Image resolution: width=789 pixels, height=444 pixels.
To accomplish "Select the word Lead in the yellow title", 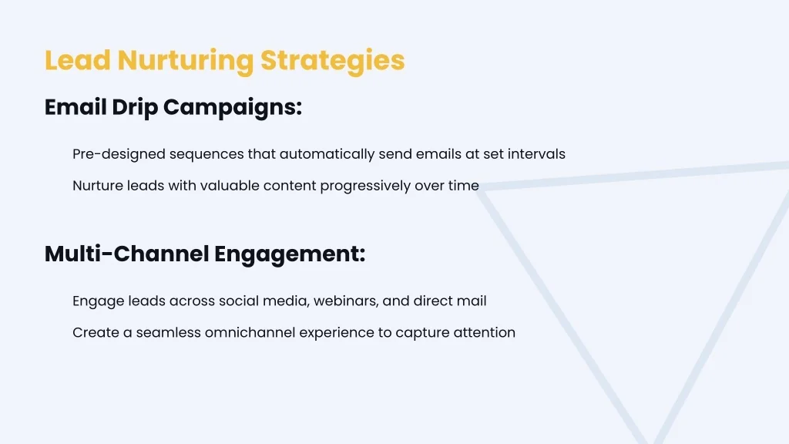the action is pos(78,60).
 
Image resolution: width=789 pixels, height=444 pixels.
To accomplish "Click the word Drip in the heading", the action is pos(135,108).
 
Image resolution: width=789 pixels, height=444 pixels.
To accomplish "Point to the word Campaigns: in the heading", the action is pos(233,108).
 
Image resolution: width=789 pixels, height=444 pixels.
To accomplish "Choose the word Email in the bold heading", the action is pos(76,106).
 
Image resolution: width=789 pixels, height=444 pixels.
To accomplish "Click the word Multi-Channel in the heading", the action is pos(127,254).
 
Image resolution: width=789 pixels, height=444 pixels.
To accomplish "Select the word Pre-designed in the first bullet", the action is pos(119,154).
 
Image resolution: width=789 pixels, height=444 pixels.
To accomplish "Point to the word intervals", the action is pos(536,154).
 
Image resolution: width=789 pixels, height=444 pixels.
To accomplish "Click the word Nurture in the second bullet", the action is pos(98,186).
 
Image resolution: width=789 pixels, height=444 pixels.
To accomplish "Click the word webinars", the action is pos(346,301).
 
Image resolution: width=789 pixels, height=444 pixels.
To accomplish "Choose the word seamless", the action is pos(169,333).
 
